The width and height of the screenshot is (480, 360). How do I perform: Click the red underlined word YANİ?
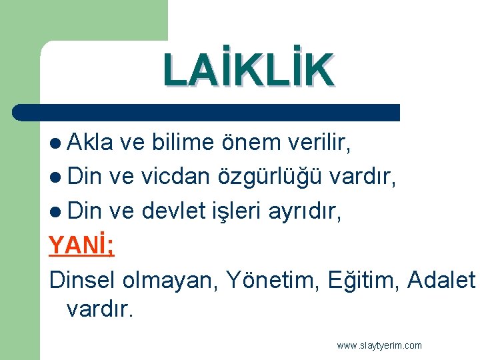tap(81, 246)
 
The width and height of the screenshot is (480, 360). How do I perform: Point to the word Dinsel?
tap(83, 281)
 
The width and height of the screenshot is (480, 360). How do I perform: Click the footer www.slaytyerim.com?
tap(379, 345)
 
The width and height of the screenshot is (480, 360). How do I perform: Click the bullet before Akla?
tap(55, 143)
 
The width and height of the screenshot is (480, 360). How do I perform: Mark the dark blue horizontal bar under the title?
tap(207, 112)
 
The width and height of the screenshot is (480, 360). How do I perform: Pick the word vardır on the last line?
tap(100, 310)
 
